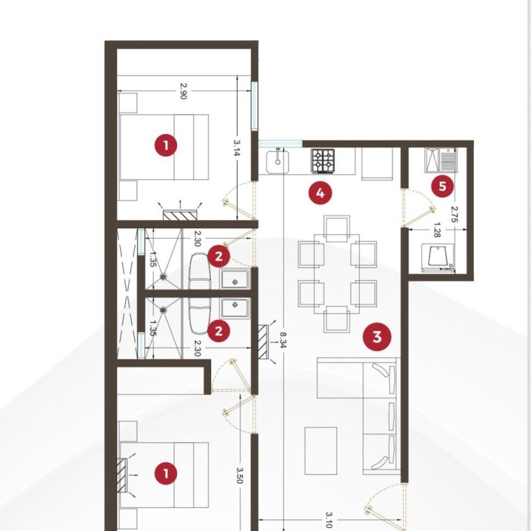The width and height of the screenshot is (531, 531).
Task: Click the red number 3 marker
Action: click(377, 337)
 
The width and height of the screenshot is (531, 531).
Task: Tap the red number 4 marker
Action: click(320, 193)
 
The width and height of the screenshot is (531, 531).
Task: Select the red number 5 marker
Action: click(442, 187)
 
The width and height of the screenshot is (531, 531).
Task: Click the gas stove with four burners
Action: click(323, 161)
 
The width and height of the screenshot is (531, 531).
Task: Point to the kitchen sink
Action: click(278, 162)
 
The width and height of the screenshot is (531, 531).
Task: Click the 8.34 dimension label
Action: click(283, 340)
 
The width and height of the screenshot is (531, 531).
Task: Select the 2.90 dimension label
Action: click(183, 91)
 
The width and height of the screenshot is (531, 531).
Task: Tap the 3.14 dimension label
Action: click(237, 148)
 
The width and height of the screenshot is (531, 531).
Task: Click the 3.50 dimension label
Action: click(240, 475)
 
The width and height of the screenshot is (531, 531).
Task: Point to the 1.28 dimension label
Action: click(437, 230)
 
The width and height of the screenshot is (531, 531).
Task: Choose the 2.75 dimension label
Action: click(455, 214)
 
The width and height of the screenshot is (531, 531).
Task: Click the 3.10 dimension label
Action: click(329, 520)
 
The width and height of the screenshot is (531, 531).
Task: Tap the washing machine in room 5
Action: click(438, 258)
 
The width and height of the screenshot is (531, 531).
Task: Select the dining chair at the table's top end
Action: click(337, 229)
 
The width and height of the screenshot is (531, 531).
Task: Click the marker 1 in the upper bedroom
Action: click(166, 145)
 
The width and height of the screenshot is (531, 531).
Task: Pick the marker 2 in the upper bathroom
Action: click(219, 257)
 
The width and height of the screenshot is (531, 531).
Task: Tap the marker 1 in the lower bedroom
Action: click(166, 473)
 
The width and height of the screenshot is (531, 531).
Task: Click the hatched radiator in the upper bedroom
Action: click(180, 215)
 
